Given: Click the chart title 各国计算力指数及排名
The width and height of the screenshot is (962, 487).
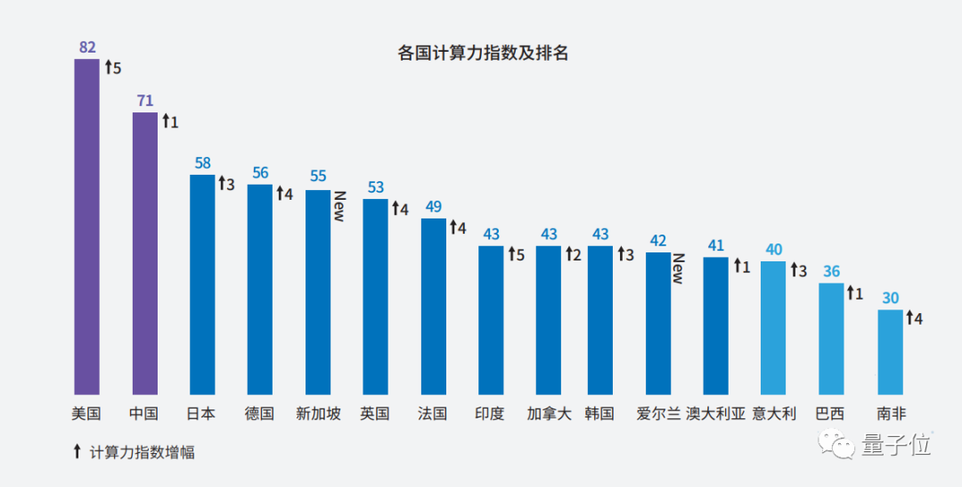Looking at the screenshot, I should pyautogui.click(x=482, y=54).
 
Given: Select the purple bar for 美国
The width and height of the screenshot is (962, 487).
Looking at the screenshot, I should pyautogui.click(x=86, y=227).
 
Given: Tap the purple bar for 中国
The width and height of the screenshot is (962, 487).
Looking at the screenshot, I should pyautogui.click(x=144, y=253).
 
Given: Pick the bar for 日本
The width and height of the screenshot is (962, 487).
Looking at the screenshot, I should pyautogui.click(x=202, y=285).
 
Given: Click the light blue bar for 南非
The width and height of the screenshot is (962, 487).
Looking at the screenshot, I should pyautogui.click(x=890, y=352).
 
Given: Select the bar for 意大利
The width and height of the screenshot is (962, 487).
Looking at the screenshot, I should pyautogui.click(x=773, y=328).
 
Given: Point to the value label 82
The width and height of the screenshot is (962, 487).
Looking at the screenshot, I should pyautogui.click(x=87, y=47).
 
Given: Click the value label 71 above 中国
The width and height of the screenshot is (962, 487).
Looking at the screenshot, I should pyautogui.click(x=145, y=100).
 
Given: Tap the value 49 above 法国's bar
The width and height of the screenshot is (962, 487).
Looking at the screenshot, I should pyautogui.click(x=434, y=207).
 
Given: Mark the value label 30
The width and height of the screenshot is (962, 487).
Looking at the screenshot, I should pyautogui.click(x=890, y=298).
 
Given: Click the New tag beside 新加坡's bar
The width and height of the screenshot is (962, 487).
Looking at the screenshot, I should pyautogui.click(x=339, y=206).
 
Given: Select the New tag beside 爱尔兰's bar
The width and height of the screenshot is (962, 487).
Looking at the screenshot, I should pyautogui.click(x=678, y=268).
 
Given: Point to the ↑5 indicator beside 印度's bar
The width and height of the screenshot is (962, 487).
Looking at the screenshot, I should pyautogui.click(x=518, y=255).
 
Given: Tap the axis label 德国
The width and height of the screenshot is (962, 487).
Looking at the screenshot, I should pyautogui.click(x=259, y=414).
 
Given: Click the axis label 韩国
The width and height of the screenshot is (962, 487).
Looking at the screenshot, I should pyautogui.click(x=599, y=414).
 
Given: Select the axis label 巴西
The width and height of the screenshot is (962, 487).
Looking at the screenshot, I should pyautogui.click(x=830, y=414).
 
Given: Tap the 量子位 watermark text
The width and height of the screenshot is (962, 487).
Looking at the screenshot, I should pyautogui.click(x=895, y=444).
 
